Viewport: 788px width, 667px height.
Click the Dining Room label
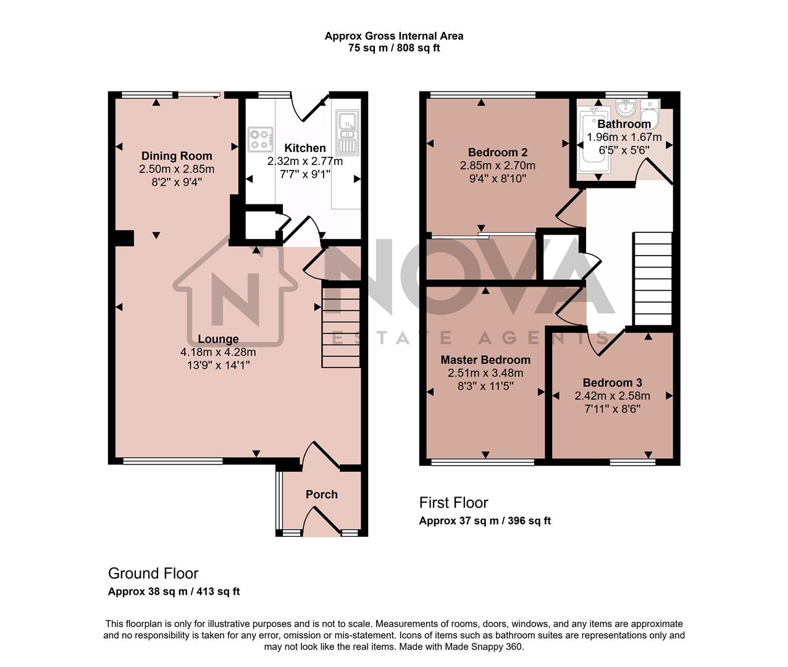pos(177,156)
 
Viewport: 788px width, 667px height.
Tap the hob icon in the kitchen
pos(261,139)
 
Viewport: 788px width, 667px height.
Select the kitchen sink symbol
pos(347,133)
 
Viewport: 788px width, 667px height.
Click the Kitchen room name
pos(304,148)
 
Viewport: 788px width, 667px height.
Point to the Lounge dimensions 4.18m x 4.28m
pos(218,352)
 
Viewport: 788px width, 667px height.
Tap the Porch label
pos(322,495)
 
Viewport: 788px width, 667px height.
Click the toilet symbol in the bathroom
pos(650,111)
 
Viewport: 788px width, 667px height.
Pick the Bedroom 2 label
pos(497,153)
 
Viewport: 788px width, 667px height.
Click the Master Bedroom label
pos(485,360)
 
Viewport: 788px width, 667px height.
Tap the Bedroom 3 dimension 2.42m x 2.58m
pos(612,396)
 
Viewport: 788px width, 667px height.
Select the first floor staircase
pos(652,278)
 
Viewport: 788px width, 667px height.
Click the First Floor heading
pos(453,503)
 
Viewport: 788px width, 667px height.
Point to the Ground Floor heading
pos(153,573)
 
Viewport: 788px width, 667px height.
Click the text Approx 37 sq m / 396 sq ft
pos(485,521)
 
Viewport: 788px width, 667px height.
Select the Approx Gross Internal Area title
pos(394,36)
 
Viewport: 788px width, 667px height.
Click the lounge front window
pos(172,461)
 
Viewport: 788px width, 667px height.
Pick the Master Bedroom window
pos(482,461)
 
